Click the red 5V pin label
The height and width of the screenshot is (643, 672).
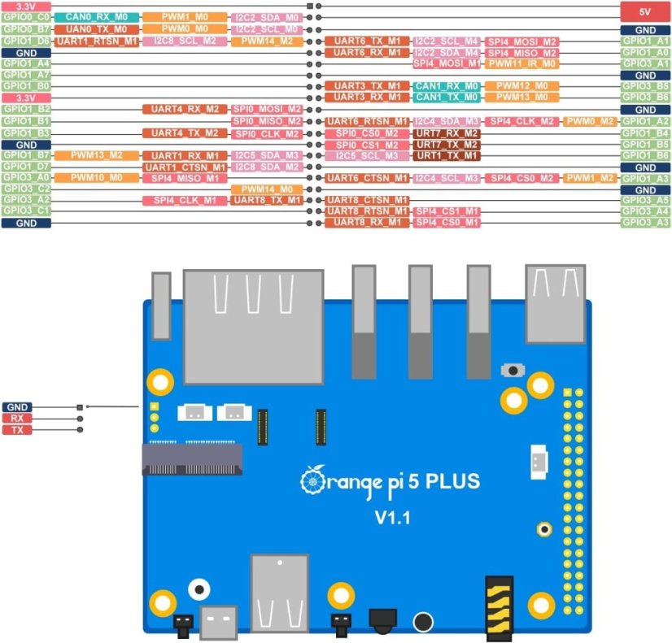point(645,12)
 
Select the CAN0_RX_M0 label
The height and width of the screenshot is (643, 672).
point(97,17)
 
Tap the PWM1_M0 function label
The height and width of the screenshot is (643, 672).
point(185,17)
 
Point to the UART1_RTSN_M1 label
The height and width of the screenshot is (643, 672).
point(97,41)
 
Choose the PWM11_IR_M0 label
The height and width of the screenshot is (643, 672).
point(521,63)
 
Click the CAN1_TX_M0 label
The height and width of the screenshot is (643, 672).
point(447,98)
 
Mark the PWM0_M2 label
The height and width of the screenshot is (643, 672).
point(590,121)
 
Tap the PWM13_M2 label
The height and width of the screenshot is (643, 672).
point(97,154)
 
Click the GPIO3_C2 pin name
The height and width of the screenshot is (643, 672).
point(27,189)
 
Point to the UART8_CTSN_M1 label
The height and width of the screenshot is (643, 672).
point(366,200)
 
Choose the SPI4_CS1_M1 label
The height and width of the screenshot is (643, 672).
point(447,211)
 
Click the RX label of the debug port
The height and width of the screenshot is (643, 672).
point(16,418)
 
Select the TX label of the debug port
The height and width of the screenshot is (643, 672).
point(16,429)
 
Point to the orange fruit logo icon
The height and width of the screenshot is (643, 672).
point(310,482)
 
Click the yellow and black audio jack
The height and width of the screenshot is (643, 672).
point(497,606)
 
